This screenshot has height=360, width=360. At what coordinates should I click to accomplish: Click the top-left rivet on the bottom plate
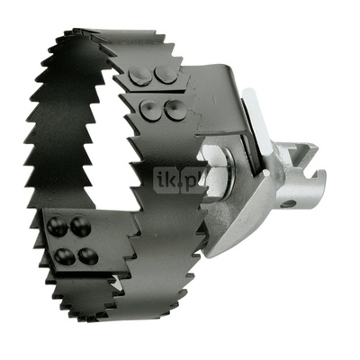pos(56,223)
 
